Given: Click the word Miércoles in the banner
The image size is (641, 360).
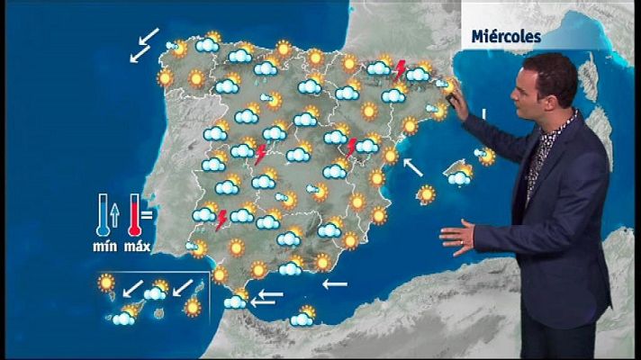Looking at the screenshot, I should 505,37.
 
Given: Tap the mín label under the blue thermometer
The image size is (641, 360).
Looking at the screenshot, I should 107,246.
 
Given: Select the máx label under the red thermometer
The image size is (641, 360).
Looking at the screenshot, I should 137,246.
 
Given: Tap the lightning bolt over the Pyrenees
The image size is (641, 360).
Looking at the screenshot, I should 400,68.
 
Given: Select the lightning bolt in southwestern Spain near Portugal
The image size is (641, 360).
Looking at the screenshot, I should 221,220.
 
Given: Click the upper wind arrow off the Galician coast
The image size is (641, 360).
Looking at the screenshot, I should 149,37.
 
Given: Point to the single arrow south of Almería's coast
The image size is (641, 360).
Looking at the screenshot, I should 335,284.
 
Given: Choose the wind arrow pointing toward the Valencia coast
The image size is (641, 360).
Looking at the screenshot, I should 413,167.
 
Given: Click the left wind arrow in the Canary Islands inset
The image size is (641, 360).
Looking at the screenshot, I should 132,289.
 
